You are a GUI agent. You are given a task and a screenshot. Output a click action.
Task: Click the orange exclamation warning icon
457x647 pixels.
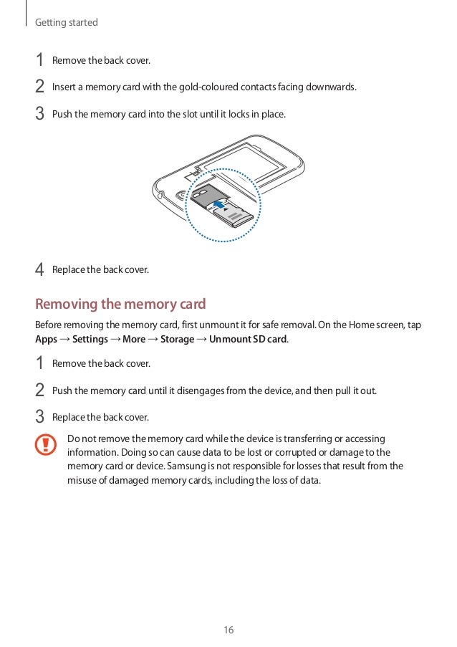click(45, 445)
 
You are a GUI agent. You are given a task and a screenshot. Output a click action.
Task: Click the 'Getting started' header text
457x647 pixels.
click(67, 23)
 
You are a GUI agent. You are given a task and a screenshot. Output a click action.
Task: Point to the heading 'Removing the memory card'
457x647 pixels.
click(120, 304)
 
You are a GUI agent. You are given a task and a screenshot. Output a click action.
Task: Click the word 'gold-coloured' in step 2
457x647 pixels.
click(188, 87)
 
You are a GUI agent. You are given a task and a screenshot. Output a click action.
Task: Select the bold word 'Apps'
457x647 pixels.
click(46, 339)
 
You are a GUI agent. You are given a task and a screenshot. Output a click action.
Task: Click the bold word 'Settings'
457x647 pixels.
click(91, 339)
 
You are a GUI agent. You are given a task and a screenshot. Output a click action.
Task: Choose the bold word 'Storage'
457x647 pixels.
click(177, 339)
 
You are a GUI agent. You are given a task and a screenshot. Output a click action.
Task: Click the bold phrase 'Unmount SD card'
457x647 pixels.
click(248, 339)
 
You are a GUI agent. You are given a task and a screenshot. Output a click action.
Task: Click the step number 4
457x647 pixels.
click(40, 270)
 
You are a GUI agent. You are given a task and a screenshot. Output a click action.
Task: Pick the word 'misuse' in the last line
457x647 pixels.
click(82, 480)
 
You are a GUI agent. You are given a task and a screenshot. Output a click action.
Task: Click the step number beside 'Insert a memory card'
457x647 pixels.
click(40, 87)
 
